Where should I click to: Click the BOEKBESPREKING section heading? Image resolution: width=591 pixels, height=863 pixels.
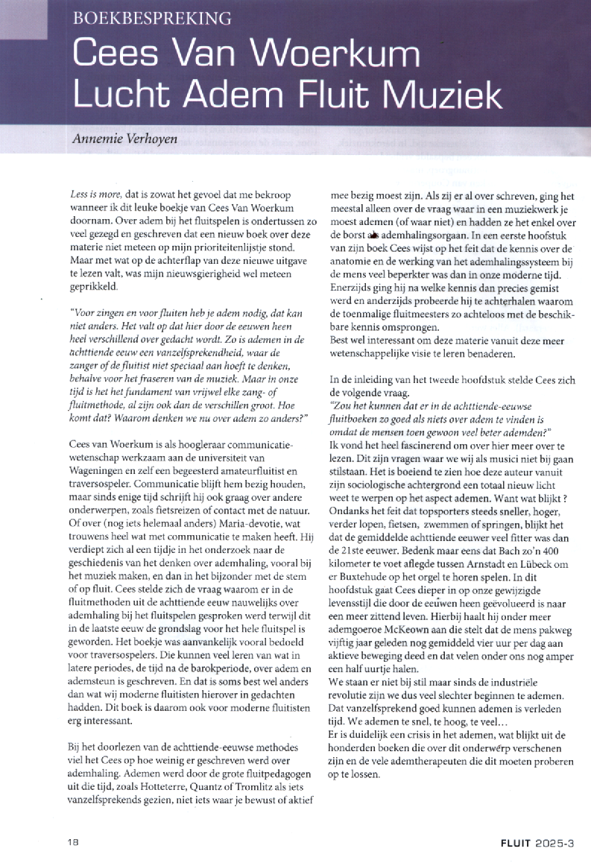pyautogui.click(x=152, y=16)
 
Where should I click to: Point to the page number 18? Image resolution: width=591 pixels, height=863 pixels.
pyautogui.click(x=72, y=843)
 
